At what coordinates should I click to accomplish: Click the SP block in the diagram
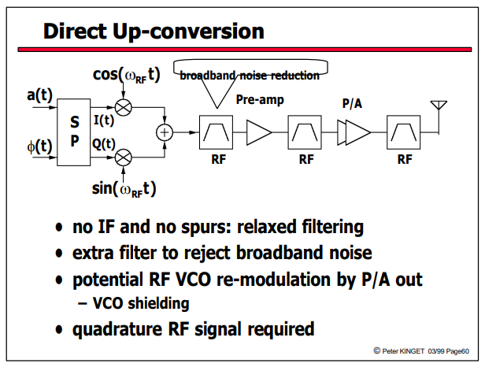coord(74,132)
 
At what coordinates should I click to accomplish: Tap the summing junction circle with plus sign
coord(165,132)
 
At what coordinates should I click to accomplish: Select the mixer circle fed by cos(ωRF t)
coord(123,107)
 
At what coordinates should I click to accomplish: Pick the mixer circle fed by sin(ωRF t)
coord(123,158)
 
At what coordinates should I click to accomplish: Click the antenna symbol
coord(439,106)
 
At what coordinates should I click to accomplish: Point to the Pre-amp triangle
coord(258,133)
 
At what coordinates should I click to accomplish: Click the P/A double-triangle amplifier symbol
coord(354,133)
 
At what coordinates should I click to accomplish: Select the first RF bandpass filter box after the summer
coord(216,132)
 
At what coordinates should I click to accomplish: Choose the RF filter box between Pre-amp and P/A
coord(305,132)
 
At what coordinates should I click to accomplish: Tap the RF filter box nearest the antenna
coord(403,132)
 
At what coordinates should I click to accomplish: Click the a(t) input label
coord(39,95)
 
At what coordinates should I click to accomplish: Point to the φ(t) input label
coord(39,146)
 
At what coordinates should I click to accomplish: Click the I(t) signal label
coord(104,120)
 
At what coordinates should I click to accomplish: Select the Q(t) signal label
coord(104,144)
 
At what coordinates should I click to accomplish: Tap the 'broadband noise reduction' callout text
coord(250,76)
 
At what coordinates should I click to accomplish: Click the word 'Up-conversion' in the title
coord(188,32)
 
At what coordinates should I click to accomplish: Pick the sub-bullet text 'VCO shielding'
coord(141,303)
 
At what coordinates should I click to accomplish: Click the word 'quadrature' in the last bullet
coord(117,329)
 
